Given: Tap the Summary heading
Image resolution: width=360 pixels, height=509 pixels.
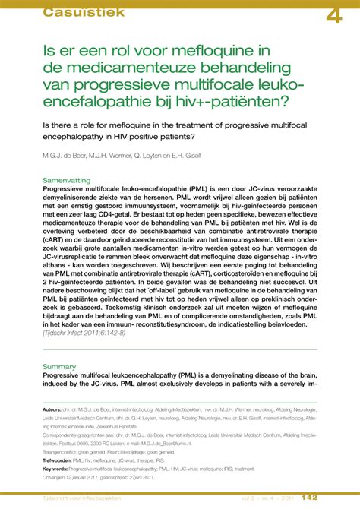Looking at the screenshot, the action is click(60, 366).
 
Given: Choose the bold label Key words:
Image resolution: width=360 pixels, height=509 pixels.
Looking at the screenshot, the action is click(58, 469).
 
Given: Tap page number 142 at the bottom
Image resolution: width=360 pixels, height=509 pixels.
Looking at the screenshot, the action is click(329, 498).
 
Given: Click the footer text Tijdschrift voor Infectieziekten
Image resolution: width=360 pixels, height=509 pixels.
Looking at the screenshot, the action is click(86, 499).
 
